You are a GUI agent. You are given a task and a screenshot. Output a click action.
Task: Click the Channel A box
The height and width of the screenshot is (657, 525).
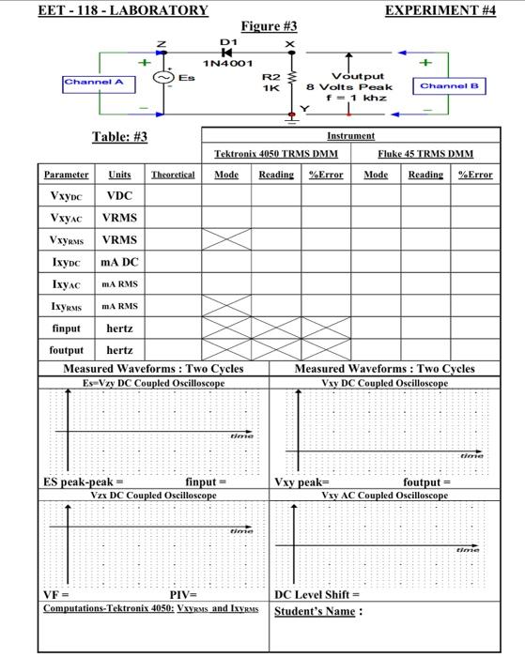99,84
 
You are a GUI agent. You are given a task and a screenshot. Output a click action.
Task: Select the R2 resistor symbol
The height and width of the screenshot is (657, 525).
290,80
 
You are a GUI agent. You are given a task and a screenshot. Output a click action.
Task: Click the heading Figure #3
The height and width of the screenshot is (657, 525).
270,25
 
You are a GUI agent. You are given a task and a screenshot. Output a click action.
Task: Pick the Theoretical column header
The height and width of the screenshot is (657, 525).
172,175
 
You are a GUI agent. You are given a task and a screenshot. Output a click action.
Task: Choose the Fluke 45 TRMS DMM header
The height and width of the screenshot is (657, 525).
425,154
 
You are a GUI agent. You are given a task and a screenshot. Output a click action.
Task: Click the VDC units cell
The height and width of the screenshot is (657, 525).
119,196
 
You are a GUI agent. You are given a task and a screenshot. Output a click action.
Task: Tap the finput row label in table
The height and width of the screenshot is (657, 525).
65,328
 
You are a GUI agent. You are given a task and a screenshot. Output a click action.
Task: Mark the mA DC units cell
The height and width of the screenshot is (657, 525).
119,262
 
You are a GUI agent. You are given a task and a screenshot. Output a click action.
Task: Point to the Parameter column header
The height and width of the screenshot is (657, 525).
66,175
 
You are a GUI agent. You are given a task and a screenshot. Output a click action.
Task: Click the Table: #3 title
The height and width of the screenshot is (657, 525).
119,138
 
